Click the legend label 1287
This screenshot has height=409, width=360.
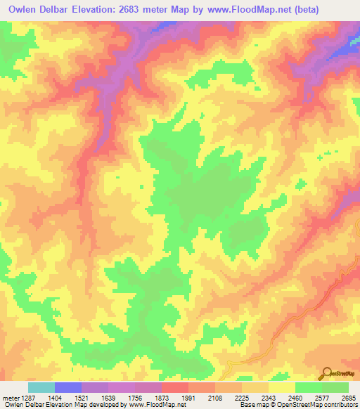pos(29,398)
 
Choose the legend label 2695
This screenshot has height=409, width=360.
pos(349,398)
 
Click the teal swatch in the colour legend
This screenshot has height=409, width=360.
pos(41,387)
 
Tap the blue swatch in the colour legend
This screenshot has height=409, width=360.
pos(68,387)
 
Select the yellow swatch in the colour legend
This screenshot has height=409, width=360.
pos(281,387)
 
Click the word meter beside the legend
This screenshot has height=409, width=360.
pos(11,398)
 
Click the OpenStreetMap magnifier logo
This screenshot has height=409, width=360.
pos(326,372)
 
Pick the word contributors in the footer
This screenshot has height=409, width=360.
pos(340,405)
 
